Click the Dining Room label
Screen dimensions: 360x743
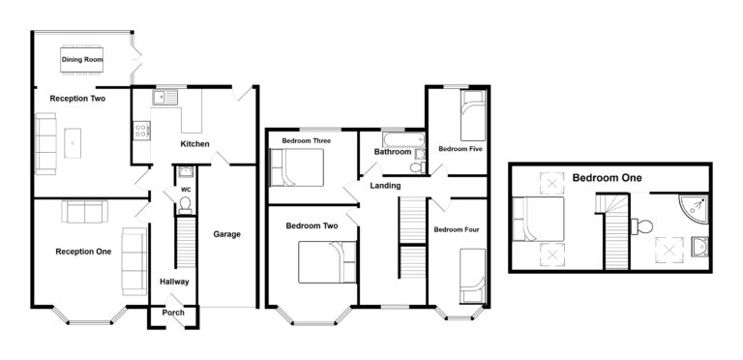[81, 60]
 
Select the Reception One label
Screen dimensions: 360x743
[83, 252]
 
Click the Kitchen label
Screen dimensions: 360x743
[194, 144]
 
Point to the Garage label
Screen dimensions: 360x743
[227, 234]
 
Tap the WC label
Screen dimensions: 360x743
[186, 191]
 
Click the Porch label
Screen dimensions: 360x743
[173, 313]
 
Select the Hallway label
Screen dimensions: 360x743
[174, 282]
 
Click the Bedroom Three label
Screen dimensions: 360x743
[306, 141]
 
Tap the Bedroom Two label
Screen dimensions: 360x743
[312, 226]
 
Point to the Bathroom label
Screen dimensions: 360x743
[393, 152]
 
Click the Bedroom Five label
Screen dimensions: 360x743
[461, 150]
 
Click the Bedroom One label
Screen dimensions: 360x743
[607, 178]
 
